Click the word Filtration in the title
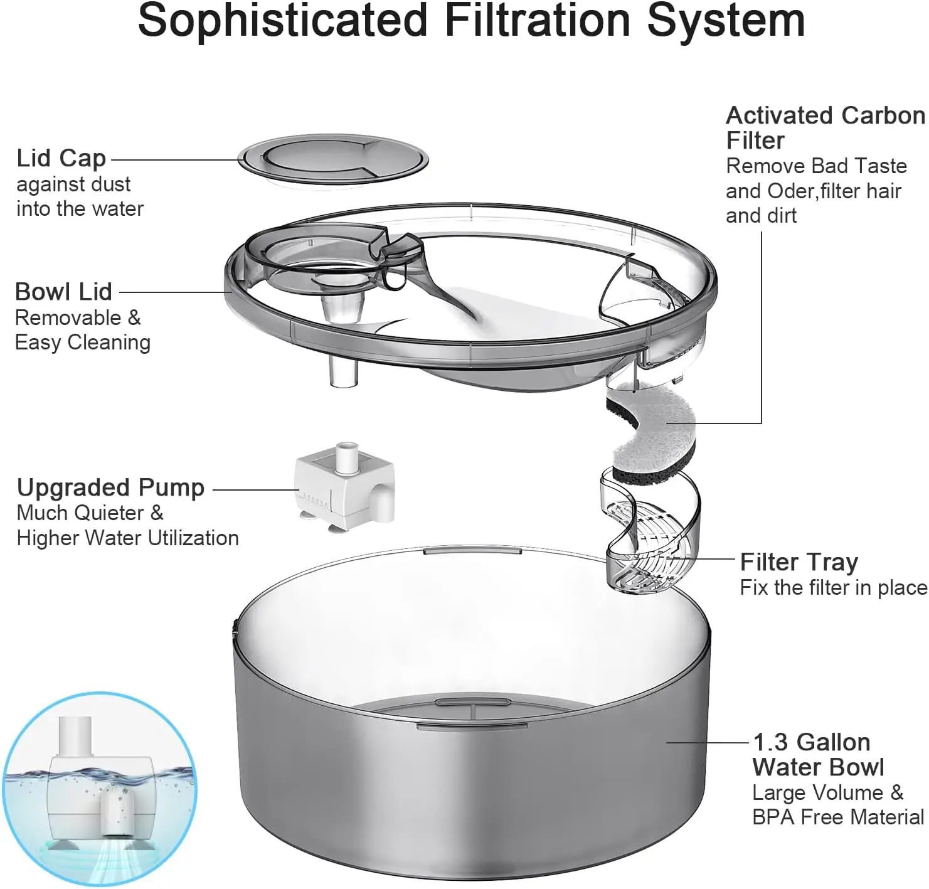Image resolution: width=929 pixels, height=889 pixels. (536, 21)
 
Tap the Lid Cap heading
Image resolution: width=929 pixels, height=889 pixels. (61, 158)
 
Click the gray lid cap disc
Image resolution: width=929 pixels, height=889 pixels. (332, 160)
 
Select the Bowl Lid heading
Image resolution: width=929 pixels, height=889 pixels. (63, 292)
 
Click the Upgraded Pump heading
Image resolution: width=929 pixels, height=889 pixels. (110, 487)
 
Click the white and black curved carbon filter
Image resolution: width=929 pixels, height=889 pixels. (652, 433)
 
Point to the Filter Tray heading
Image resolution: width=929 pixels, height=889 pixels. (799, 562)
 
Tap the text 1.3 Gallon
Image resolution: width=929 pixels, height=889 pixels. (811, 742)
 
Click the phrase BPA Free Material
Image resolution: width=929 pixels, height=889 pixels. (837, 817)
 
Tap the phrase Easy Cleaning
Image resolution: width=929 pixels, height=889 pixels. (82, 343)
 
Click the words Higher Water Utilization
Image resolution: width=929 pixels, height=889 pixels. (127, 538)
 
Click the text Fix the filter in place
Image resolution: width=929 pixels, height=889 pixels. (833, 587)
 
